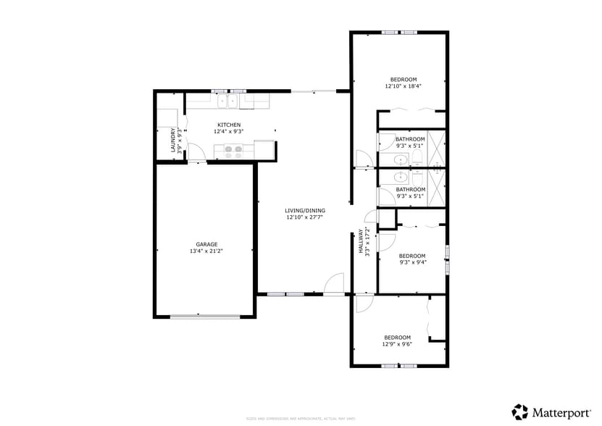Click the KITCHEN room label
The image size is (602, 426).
coord(228,125)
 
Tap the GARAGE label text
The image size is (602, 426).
coord(206,244)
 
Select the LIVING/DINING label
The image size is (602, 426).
coord(304,210)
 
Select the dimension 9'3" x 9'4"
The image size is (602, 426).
coord(412,262)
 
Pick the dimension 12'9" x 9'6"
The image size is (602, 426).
coord(397,344)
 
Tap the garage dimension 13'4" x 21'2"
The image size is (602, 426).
coord(206,251)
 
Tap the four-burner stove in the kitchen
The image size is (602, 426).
coord(233,151)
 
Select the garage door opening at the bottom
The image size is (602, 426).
coord(205,316)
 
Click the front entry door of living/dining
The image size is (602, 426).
coord(333,287)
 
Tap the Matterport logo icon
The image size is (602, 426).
coord(519,412)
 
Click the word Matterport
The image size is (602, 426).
coord(561,412)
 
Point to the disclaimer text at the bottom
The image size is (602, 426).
coord(301,418)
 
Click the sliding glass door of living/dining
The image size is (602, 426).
coord(314,91)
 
